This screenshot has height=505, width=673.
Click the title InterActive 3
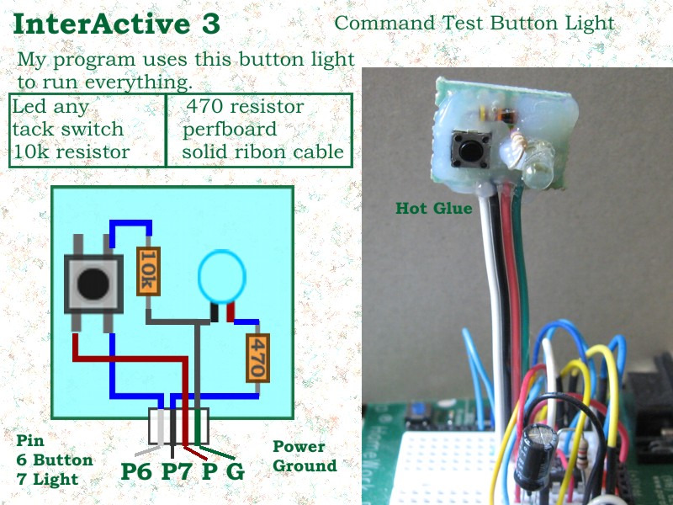[x=117, y=24]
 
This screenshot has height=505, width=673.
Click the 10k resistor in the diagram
[x=147, y=271]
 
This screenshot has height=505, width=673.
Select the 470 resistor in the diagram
[x=257, y=359]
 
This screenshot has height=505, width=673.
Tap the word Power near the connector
[x=298, y=447]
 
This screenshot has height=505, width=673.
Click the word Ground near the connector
[x=305, y=465]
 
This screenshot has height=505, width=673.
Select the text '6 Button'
[x=55, y=460]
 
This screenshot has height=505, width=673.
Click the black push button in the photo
[x=463, y=149]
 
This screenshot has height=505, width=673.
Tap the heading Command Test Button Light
[x=474, y=23]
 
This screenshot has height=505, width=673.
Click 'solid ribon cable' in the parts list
[x=262, y=152]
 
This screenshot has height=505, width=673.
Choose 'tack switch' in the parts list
[x=67, y=130]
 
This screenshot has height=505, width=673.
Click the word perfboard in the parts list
[x=229, y=130]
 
